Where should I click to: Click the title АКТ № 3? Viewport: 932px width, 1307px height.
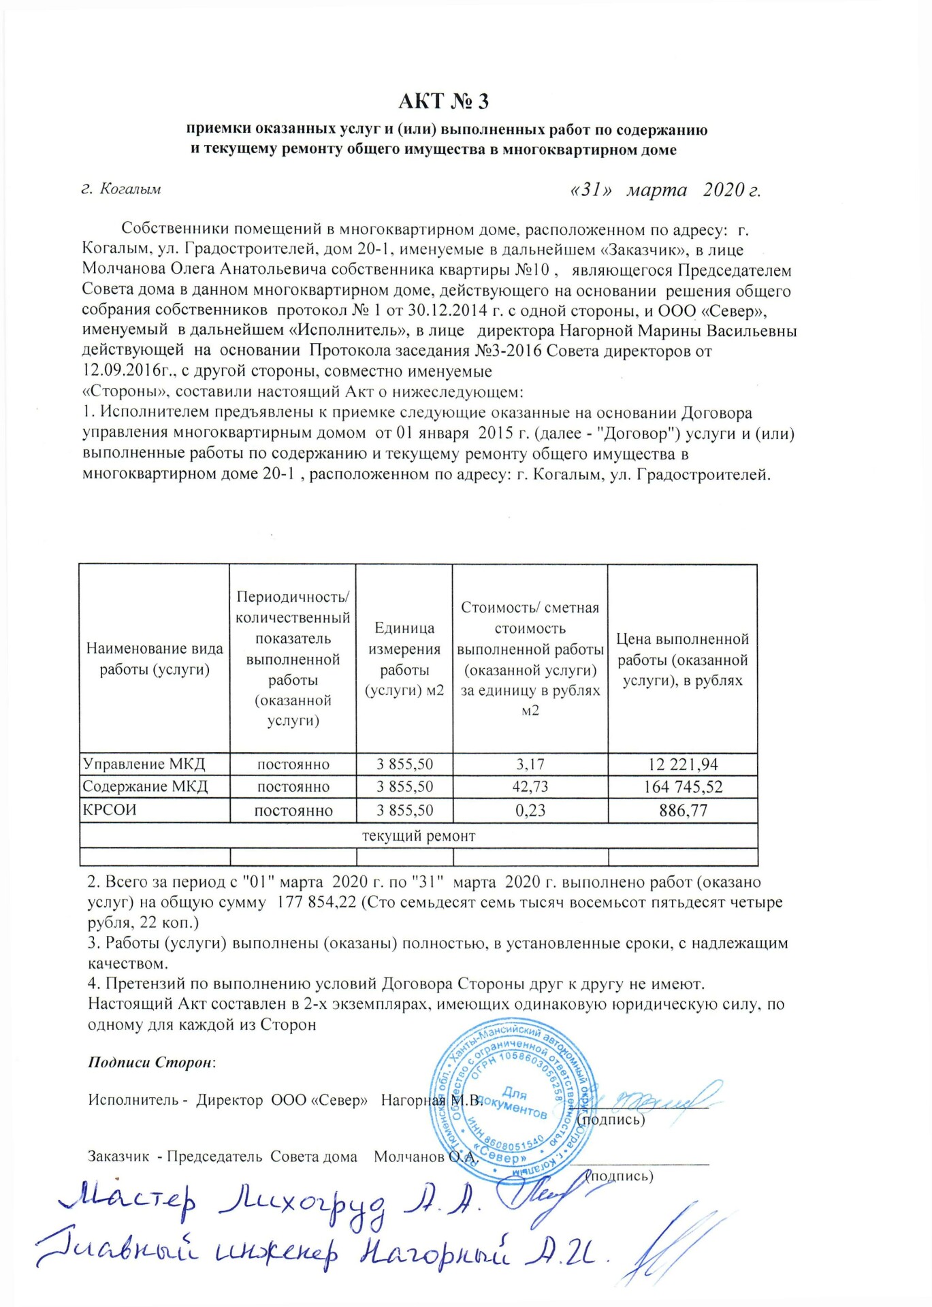click(x=443, y=101)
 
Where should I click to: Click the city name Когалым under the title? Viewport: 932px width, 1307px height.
click(x=130, y=189)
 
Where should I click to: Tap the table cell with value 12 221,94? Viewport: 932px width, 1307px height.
click(x=683, y=764)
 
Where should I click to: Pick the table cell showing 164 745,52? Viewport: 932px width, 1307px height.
click(x=683, y=787)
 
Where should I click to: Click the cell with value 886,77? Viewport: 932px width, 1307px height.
click(x=683, y=810)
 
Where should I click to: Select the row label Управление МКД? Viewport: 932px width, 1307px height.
click(x=144, y=764)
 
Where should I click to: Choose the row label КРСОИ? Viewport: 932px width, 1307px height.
click(x=110, y=810)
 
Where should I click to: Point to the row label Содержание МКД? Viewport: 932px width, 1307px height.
click(x=145, y=787)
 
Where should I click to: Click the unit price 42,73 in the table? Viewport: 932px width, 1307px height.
click(x=530, y=787)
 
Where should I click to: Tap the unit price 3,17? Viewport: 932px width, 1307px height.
click(x=530, y=764)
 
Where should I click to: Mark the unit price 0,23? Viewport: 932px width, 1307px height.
click(x=530, y=810)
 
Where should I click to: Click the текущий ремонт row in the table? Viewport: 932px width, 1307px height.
click(x=418, y=835)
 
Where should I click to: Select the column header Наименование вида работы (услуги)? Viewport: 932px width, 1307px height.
click(x=155, y=659)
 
